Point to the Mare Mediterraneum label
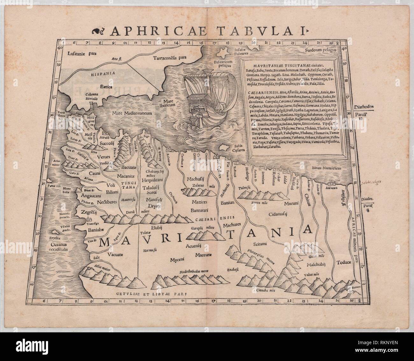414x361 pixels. pyautogui.click(x=131, y=113)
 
